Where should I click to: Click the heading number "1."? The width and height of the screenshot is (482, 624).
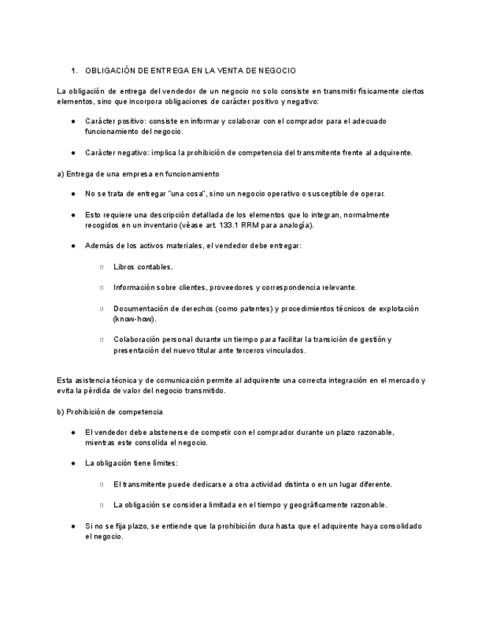click(74, 71)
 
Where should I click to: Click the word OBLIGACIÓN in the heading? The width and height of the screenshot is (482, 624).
click(111, 71)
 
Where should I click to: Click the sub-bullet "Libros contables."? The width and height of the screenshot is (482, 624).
click(143, 266)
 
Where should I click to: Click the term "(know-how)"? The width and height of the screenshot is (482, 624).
click(135, 319)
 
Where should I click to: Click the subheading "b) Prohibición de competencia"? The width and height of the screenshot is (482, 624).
click(110, 411)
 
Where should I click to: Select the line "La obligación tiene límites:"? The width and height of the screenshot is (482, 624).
click(131, 464)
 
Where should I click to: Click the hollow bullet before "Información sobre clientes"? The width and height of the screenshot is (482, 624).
click(102, 287)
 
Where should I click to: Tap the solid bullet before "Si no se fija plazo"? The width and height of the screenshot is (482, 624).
click(74, 526)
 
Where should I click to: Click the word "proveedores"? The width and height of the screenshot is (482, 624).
click(252, 287)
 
